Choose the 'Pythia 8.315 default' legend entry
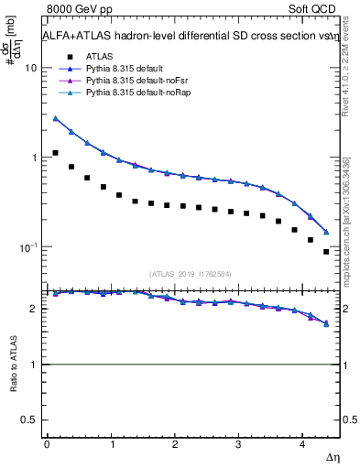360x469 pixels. tap(126, 69)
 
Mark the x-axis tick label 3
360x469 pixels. tap(238, 443)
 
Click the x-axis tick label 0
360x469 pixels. tap(47, 443)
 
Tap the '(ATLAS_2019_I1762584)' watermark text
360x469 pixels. tap(191, 272)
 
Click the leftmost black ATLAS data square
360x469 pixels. tap(56, 153)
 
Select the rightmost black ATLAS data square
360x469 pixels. tap(325, 251)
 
